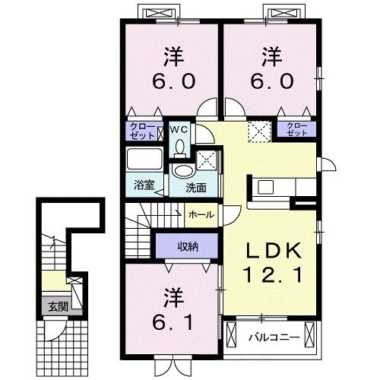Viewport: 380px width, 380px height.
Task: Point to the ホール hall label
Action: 201,215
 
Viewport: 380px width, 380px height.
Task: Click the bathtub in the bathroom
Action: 144,160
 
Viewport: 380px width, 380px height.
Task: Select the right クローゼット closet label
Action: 296,130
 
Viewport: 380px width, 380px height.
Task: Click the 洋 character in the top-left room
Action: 172,58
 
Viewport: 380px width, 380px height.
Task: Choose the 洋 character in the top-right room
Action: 271,58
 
